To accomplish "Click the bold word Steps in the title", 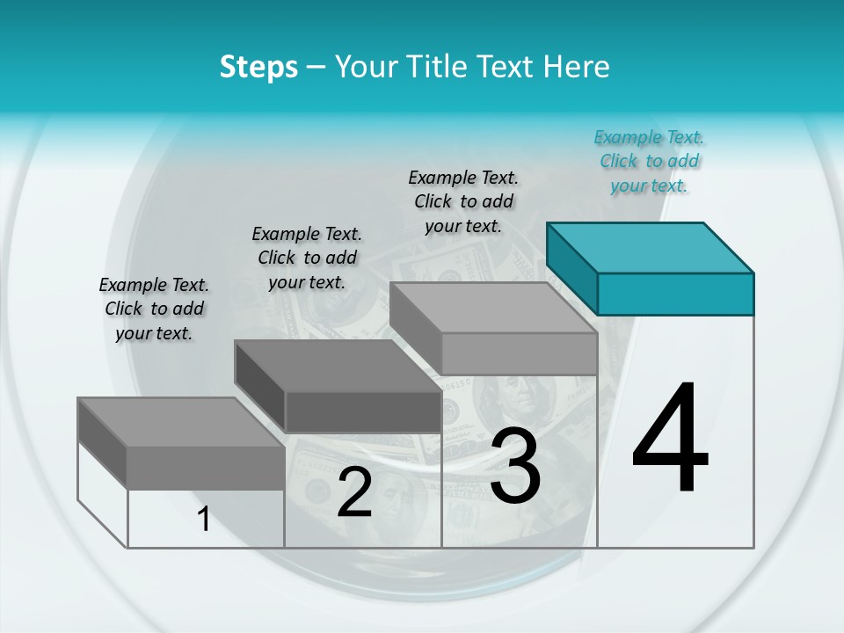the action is tap(258, 67).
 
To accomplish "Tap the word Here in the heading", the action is tap(577, 67).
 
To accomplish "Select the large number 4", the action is tap(670, 440).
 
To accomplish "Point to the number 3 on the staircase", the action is tap(515, 466).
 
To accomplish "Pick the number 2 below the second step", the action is tap(354, 492).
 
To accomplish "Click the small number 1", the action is tap(203, 520).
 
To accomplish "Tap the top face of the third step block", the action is tap(492, 308).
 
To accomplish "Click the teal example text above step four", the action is tap(649, 162).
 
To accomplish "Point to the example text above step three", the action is tap(463, 201).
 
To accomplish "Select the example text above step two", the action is tap(307, 258).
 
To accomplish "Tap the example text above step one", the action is tap(154, 309).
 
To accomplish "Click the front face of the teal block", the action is tap(675, 294).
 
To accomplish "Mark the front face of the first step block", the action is tap(206, 468).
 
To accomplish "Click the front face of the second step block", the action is tap(362, 411).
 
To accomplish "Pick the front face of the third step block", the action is tap(519, 354).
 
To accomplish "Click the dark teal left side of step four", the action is tap(571, 268).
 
